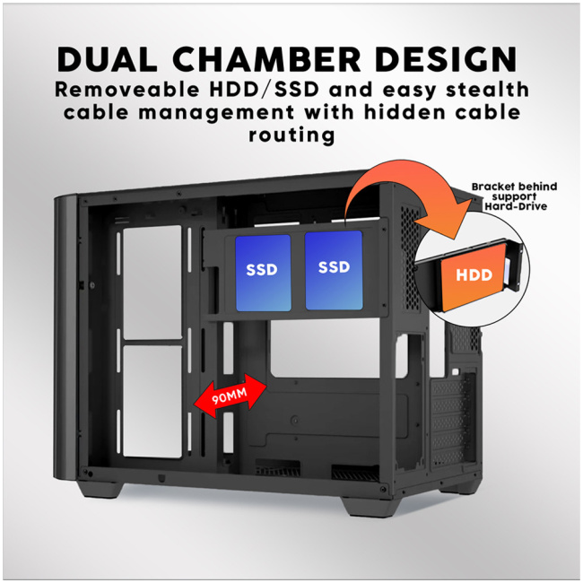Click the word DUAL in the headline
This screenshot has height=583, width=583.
[107, 59]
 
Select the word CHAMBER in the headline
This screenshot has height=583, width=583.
[266, 59]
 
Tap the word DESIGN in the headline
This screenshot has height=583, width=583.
[446, 59]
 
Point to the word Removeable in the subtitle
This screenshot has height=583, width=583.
[127, 90]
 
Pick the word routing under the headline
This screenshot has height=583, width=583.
[291, 135]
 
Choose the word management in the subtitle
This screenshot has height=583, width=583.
[216, 113]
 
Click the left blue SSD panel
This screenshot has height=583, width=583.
[263, 273]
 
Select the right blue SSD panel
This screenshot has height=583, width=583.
[334, 270]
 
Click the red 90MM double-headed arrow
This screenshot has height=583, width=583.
[231, 396]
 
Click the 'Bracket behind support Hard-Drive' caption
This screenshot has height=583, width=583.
[515, 196]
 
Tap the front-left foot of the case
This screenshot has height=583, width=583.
[100, 489]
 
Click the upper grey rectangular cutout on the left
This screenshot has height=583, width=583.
[152, 283]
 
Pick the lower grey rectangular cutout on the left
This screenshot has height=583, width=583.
[152, 402]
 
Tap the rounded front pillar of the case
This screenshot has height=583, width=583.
[66, 337]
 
